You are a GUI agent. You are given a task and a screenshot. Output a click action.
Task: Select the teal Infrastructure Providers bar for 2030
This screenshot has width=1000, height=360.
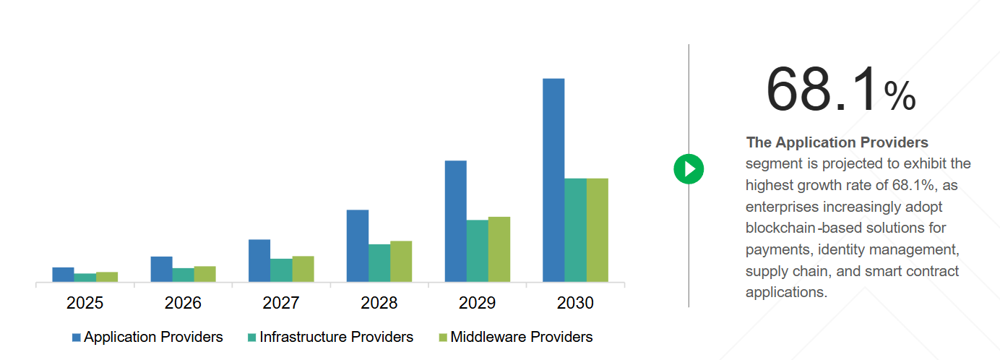(x=575, y=229)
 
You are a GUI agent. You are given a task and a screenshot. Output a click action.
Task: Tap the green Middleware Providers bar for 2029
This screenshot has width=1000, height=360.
(x=499, y=249)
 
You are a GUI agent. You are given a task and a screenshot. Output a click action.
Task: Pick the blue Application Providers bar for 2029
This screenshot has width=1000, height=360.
(x=455, y=220)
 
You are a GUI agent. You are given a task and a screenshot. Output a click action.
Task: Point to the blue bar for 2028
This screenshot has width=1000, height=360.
(x=358, y=245)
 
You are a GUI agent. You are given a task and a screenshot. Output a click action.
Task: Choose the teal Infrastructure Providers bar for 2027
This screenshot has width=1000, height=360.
(x=281, y=270)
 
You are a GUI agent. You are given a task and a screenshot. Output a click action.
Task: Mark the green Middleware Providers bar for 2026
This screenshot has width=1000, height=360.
(x=204, y=273)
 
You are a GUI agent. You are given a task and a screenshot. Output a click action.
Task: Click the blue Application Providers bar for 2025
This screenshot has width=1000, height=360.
(x=63, y=274)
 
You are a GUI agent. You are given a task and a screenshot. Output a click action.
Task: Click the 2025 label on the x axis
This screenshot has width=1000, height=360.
(x=85, y=303)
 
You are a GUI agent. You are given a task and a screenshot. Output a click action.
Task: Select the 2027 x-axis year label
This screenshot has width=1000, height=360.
(x=281, y=303)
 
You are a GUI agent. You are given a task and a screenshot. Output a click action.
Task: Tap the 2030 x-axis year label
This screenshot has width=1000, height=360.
(x=575, y=303)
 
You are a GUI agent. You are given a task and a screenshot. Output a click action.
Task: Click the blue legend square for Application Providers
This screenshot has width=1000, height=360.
(x=76, y=338)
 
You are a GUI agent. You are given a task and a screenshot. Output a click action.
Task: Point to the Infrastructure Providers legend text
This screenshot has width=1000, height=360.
(x=336, y=337)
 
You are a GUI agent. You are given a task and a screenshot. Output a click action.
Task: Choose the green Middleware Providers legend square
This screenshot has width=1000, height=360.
(x=443, y=338)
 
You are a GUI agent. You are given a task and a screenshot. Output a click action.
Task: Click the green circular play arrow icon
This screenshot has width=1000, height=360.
(x=689, y=169)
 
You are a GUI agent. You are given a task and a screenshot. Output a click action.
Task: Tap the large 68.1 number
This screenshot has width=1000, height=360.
(x=822, y=90)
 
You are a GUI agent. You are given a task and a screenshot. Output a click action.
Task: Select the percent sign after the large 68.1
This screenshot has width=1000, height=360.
(x=900, y=96)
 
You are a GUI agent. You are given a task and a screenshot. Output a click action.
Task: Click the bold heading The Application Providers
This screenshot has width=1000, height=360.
(x=837, y=142)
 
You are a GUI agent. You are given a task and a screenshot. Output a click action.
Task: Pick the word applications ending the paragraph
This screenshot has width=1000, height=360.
(x=785, y=293)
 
